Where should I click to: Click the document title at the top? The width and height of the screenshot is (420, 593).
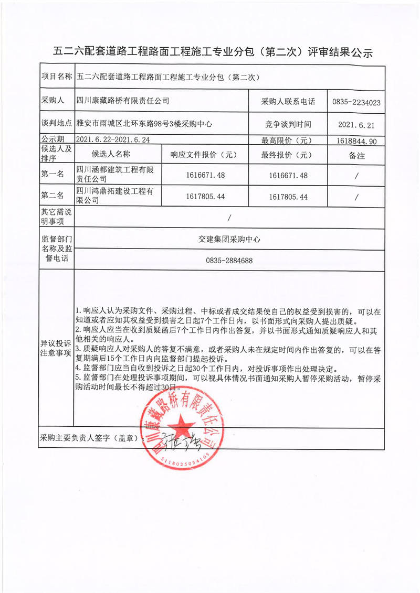coord(213,52)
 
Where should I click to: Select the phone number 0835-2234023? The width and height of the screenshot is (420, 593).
coord(356,102)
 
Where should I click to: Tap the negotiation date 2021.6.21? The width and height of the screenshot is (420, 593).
coord(356,125)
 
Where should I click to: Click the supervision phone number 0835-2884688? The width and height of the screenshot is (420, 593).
coord(229,261)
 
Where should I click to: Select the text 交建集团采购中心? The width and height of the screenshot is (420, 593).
coord(229,239)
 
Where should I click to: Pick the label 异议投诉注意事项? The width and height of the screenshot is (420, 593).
coord(56,348)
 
